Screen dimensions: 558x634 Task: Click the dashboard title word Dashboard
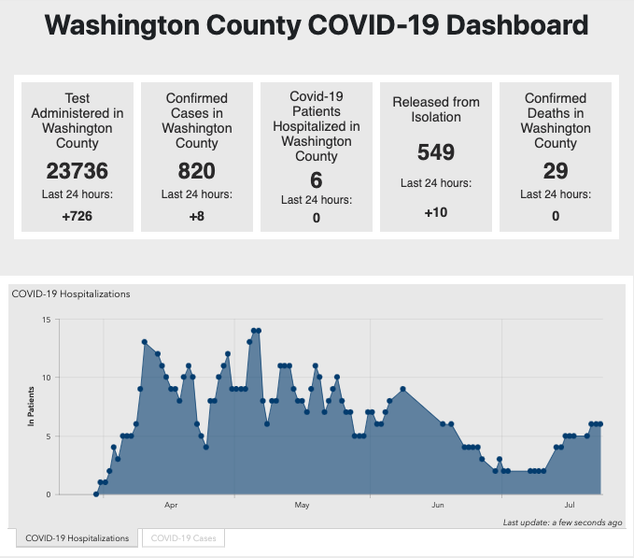pyautogui.click(x=519, y=25)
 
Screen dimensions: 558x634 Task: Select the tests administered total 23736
pyautogui.click(x=77, y=171)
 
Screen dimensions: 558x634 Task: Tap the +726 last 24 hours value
pyautogui.click(x=77, y=217)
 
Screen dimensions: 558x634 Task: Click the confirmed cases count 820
pyautogui.click(x=196, y=171)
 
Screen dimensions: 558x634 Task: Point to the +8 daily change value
pyautogui.click(x=196, y=217)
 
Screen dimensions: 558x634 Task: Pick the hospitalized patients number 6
pyautogui.click(x=316, y=179)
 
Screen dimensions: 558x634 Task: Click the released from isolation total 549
pyautogui.click(x=435, y=152)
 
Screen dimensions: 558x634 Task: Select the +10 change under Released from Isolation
pyautogui.click(x=435, y=213)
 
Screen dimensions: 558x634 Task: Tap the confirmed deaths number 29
pyautogui.click(x=556, y=171)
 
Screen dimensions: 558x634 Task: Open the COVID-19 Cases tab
pyautogui.click(x=183, y=537)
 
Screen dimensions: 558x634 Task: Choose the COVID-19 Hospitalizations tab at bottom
pyautogui.click(x=77, y=537)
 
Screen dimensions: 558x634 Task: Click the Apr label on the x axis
pyautogui.click(x=171, y=506)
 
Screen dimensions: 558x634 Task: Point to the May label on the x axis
pyautogui.click(x=302, y=506)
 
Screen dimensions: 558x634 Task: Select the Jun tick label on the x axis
pyautogui.click(x=438, y=506)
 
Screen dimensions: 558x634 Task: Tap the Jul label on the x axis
pyautogui.click(x=570, y=506)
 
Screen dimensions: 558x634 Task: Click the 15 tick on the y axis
pyautogui.click(x=46, y=320)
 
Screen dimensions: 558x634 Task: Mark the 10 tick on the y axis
pyautogui.click(x=46, y=378)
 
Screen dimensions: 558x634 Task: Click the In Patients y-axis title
pyautogui.click(x=30, y=408)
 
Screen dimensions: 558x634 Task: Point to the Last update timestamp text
pyautogui.click(x=562, y=522)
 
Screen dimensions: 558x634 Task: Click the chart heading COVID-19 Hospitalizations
pyautogui.click(x=71, y=293)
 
